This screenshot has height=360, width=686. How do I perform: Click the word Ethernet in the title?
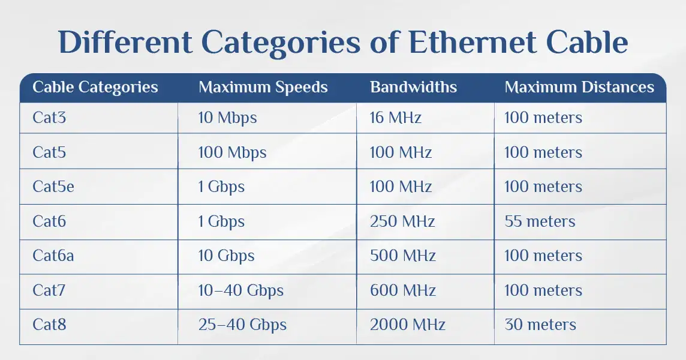pos(472,43)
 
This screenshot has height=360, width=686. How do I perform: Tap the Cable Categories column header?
pos(95,88)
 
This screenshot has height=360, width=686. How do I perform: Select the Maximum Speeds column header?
pos(263,88)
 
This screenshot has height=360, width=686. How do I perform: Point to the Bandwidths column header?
pos(413,87)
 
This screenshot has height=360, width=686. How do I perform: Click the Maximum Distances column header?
pos(579,87)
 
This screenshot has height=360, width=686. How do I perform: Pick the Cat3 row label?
pos(49,118)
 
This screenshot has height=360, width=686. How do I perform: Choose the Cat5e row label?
pos(53,187)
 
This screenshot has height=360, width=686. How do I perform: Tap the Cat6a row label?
pos(53,256)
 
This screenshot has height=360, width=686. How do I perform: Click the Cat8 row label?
pos(49,325)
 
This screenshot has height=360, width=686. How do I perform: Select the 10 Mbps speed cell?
pos(227,118)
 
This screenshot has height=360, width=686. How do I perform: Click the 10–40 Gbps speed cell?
pos(241,291)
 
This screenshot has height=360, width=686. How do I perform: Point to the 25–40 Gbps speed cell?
pos(242,325)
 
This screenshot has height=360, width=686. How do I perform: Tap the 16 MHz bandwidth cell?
pos(396,118)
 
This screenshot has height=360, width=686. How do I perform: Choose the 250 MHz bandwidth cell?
pos(402,221)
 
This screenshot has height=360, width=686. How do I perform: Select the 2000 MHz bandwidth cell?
pos(408,325)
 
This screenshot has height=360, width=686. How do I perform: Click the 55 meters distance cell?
pos(540,221)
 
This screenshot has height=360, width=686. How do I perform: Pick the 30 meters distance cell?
pos(540,325)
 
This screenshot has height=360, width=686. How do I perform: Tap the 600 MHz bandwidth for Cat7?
pos(403,290)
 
